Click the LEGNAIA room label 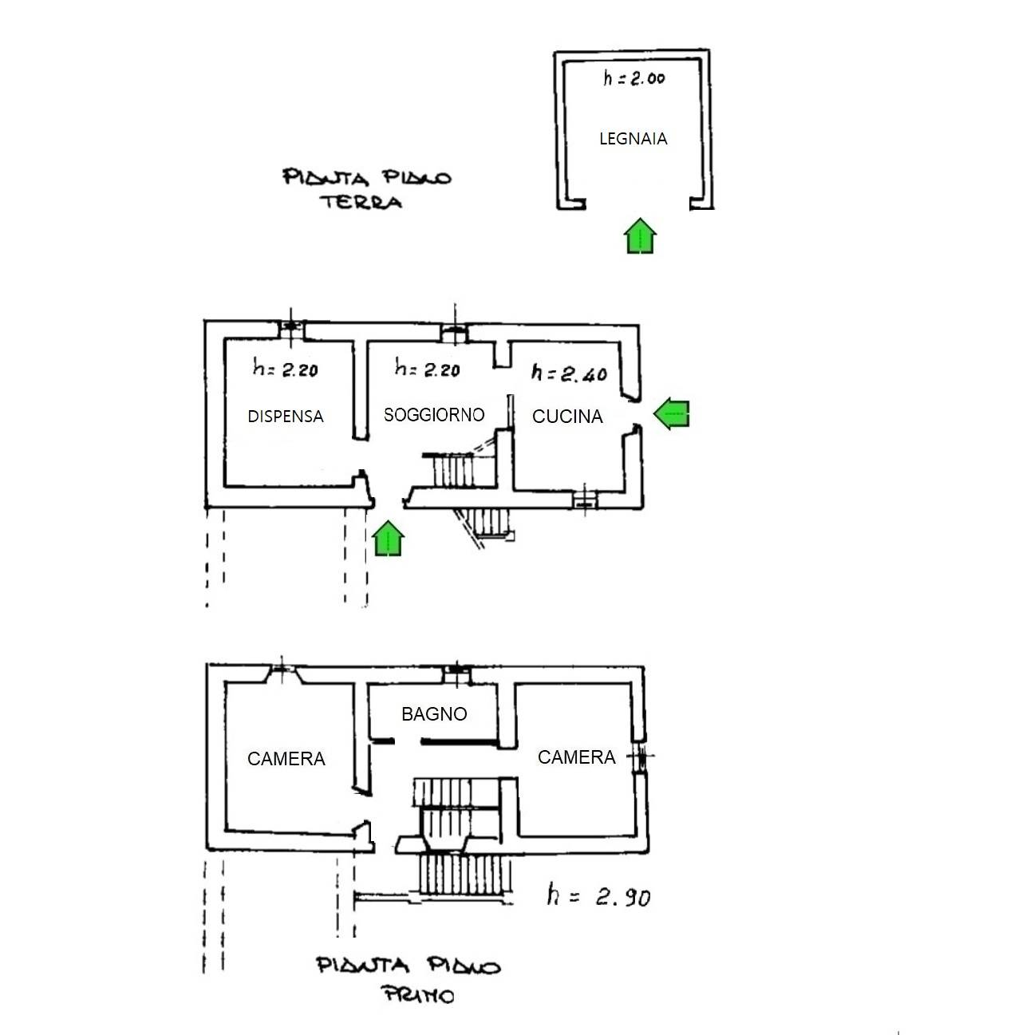633,139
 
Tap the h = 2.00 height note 634,78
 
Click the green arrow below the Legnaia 640,236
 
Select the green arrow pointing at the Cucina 671,413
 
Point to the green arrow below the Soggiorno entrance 388,539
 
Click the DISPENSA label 286,417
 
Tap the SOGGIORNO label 434,415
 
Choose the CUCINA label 567,417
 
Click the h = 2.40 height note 569,373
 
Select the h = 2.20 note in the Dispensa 285,369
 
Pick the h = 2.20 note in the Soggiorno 427,369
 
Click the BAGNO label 434,714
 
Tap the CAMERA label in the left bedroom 286,759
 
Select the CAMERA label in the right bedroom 576,757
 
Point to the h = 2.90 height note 598,896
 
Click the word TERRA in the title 361,201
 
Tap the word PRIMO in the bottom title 418,995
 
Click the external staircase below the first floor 464,875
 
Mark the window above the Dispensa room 290,326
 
